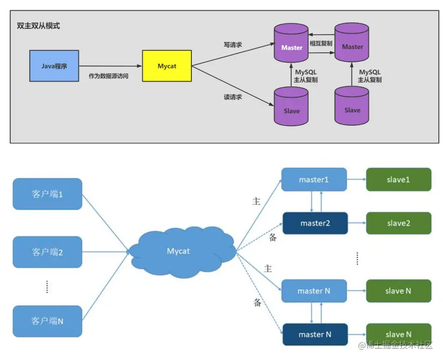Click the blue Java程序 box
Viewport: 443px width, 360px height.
tap(54, 66)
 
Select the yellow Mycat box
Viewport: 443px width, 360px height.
tap(167, 66)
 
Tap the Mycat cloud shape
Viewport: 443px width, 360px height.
tap(179, 252)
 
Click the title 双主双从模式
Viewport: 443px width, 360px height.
tap(38, 26)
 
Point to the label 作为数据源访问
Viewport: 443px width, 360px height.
tap(108, 76)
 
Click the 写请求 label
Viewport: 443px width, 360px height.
tap(233, 45)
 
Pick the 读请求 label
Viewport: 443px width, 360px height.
tap(233, 97)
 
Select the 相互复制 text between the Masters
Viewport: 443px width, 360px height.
tap(321, 43)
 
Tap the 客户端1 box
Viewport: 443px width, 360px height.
tap(48, 194)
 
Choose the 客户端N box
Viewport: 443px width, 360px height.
tap(48, 321)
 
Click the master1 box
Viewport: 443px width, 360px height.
tap(314, 179)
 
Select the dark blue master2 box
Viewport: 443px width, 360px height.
tap(315, 223)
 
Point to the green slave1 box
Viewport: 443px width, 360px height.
tap(398, 179)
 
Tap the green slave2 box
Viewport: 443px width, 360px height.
tap(398, 223)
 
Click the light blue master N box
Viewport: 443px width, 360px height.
tap(314, 291)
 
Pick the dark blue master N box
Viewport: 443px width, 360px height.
tap(315, 334)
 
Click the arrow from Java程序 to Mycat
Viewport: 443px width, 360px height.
tap(110, 66)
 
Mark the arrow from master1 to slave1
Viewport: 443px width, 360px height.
tap(356, 179)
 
